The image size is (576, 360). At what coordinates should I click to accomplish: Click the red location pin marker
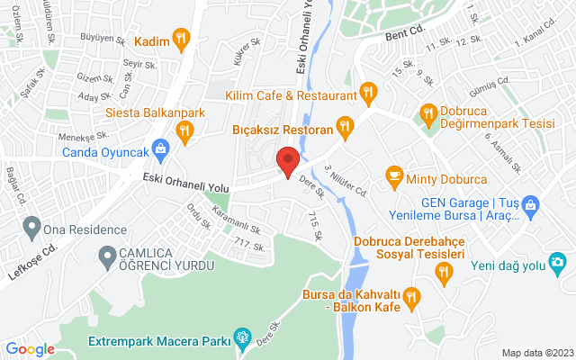click(x=287, y=161)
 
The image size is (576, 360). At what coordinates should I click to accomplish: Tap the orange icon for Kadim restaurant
click(x=183, y=38)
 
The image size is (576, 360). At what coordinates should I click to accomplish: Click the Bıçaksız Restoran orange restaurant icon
click(x=343, y=125)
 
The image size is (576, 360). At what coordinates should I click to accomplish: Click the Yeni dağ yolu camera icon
click(x=558, y=262)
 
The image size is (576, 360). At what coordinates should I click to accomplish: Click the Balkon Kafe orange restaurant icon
click(x=411, y=294)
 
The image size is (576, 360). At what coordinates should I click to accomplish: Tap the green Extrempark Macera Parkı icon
click(x=241, y=339)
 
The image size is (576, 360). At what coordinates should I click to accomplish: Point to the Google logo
click(x=30, y=349)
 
